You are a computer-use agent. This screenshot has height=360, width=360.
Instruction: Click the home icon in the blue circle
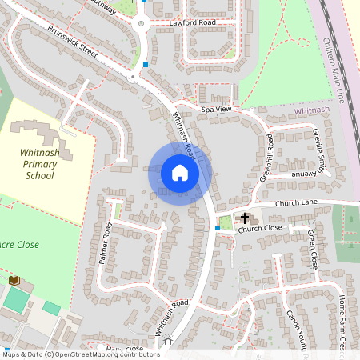coord(180,173)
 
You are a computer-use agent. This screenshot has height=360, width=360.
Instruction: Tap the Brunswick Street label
coord(71,46)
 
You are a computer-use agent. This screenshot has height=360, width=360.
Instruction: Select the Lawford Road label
coord(193,23)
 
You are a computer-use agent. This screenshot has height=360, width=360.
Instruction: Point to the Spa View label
coord(216,108)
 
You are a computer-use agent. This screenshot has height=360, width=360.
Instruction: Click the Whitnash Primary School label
coord(39,163)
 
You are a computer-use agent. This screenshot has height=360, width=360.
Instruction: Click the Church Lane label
coord(297,203)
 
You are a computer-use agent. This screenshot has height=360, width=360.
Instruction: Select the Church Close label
coord(260,229)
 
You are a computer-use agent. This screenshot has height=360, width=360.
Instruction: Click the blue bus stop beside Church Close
coord(217,228)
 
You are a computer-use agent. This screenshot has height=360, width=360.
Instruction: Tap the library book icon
coord(14,280)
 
